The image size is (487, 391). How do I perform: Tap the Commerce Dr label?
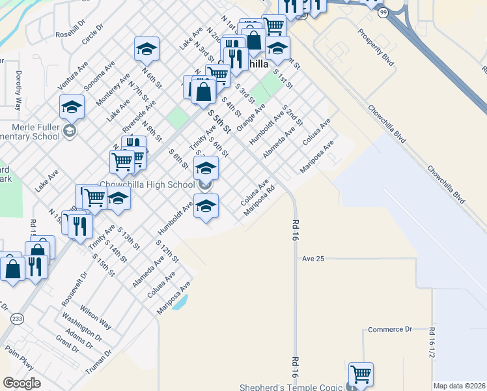[x=391, y=330]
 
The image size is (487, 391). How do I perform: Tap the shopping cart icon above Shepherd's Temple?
[x=360, y=373]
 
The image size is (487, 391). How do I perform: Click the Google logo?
[x=21, y=383]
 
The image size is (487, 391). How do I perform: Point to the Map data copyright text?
[x=459, y=386]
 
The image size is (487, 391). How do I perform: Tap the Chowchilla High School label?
[x=147, y=185]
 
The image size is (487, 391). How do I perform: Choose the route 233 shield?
[x=18, y=318]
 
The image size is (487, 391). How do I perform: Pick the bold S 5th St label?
[x=219, y=121]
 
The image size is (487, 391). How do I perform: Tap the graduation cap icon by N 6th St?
[x=146, y=48]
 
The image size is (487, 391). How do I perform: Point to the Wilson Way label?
[x=96, y=315]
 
